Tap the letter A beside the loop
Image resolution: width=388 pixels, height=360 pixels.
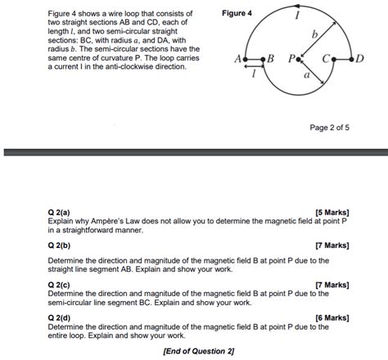point(237,60)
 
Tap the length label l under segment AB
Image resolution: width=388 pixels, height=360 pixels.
point(255,73)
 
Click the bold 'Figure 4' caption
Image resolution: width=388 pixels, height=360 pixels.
point(237,14)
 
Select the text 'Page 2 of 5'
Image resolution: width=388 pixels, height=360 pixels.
point(329,128)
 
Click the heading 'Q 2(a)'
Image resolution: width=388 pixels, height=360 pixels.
point(60,213)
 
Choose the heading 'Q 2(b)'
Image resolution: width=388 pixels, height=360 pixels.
point(60,245)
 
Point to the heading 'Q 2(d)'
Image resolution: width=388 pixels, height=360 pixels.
point(60,317)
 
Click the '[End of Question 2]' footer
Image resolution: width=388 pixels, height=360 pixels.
point(199,351)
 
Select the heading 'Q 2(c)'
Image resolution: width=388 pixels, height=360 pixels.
point(60,284)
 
